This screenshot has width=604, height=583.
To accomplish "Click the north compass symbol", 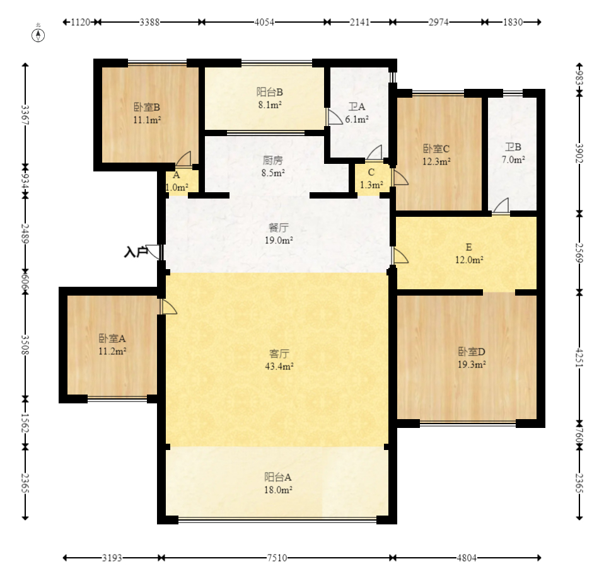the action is click(x=38, y=35).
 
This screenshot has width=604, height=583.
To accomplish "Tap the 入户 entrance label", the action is click(x=136, y=252).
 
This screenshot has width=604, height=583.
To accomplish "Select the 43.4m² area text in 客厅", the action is click(x=279, y=366).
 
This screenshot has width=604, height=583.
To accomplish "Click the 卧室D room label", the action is click(x=472, y=351).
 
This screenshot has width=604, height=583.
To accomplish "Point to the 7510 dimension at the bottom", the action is click(x=277, y=558).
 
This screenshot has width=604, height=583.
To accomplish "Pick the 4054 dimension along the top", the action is click(x=264, y=22).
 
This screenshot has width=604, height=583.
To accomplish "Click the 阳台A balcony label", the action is click(x=278, y=477).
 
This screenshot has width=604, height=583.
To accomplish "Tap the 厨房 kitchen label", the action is click(x=273, y=160).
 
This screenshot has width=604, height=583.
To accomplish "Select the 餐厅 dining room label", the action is click(x=279, y=228).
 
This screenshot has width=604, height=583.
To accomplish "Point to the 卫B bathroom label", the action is click(x=513, y=147).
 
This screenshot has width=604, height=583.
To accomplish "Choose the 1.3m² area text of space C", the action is click(x=371, y=185).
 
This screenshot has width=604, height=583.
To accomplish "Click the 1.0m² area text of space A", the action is click(x=177, y=188).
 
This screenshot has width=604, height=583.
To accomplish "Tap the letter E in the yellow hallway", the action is click(x=469, y=247).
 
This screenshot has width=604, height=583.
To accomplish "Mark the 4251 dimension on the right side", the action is click(x=579, y=358).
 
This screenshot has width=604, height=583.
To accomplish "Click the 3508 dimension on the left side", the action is click(x=25, y=345).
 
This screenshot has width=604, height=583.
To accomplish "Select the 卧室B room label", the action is click(x=147, y=107).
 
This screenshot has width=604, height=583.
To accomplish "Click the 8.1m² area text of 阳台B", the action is click(x=270, y=105).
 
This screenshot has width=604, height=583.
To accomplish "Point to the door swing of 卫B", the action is click(x=501, y=205).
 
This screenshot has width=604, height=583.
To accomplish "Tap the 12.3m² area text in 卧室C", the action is click(x=436, y=161).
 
